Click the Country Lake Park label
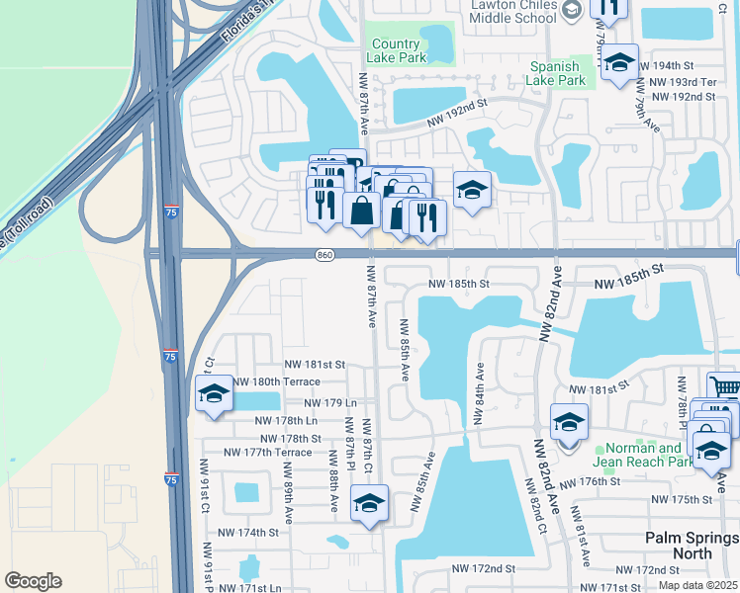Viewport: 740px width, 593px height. click(397, 51)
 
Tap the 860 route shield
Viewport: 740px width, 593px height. click(326, 255)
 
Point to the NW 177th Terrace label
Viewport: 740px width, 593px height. click(267, 453)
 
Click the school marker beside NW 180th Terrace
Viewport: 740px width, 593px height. click(214, 393)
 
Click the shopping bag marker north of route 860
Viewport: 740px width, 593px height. click(363, 210)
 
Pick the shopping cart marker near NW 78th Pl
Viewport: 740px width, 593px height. click(725, 387)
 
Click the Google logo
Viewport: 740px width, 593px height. click(33, 581)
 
